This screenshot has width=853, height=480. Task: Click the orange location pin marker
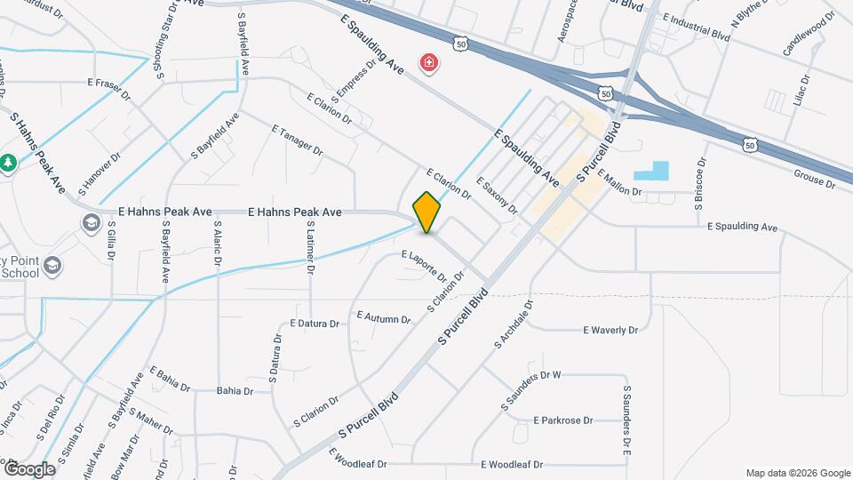(x=426, y=212)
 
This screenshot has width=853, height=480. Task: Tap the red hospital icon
(x=429, y=62)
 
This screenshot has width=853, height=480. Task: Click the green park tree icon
(x=8, y=163)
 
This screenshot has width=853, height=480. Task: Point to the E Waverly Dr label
(x=610, y=330)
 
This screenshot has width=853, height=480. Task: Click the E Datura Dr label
(x=315, y=324)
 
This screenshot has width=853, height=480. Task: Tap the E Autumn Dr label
(x=384, y=316)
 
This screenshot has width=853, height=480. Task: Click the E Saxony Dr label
(x=497, y=196)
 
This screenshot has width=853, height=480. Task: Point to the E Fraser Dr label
(x=109, y=82)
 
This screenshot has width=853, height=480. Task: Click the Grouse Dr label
(x=814, y=181)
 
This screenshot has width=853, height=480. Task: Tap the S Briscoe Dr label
(x=700, y=184)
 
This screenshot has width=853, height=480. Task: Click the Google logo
(x=28, y=468)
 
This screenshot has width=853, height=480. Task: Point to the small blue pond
(x=654, y=172)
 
